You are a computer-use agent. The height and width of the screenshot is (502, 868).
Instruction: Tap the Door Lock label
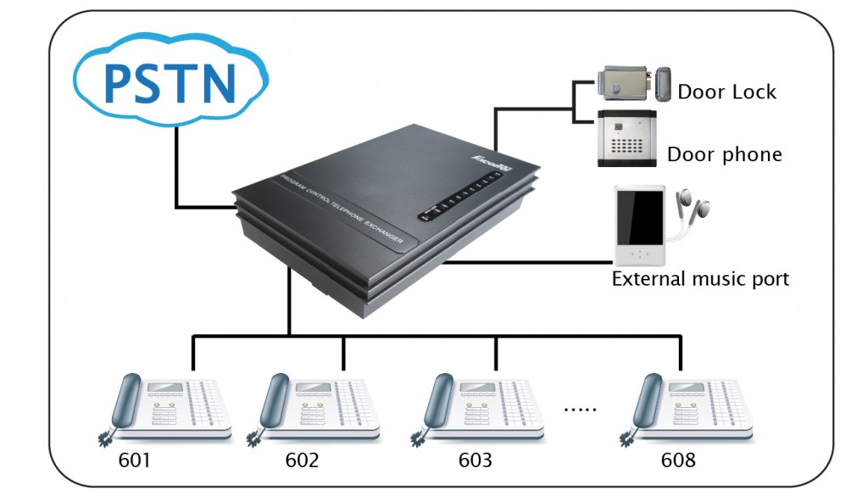point(726,92)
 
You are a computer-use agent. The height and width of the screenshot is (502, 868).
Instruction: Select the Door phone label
point(724,154)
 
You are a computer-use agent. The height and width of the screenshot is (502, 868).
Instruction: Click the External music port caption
point(700,278)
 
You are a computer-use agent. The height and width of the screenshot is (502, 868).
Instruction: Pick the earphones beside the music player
point(692,209)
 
